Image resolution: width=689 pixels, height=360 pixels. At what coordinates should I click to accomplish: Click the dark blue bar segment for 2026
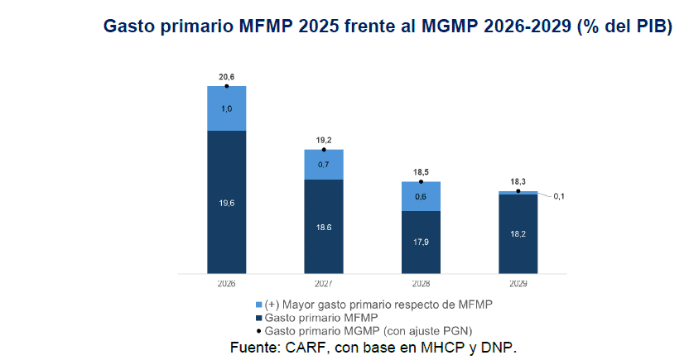[226, 201]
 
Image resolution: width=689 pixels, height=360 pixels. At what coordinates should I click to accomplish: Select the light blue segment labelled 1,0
[226, 108]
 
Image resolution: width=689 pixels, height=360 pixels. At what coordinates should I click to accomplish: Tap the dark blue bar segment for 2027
[324, 226]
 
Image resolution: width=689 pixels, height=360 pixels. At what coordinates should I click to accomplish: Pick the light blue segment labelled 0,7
[324, 165]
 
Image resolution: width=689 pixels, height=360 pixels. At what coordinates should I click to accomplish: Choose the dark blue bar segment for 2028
[421, 241]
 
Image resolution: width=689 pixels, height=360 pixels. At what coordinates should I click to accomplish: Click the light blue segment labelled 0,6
[421, 196]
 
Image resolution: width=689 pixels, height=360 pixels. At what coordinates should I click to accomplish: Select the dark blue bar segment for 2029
[518, 233]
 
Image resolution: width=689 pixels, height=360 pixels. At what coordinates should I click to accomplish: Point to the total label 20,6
[226, 77]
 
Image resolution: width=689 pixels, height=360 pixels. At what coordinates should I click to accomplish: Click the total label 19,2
[324, 141]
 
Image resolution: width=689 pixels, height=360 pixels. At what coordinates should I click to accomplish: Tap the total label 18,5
[421, 172]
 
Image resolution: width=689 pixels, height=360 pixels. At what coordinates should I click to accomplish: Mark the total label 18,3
[518, 182]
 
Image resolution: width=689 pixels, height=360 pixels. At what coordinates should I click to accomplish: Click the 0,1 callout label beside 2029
[559, 196]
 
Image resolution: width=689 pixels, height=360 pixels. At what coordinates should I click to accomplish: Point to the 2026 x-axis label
[226, 283]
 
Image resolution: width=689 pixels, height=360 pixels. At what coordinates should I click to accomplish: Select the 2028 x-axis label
[421, 283]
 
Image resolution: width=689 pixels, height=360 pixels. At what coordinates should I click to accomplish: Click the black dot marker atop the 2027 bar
[324, 150]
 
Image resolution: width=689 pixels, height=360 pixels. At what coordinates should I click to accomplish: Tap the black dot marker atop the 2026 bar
[226, 85]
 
